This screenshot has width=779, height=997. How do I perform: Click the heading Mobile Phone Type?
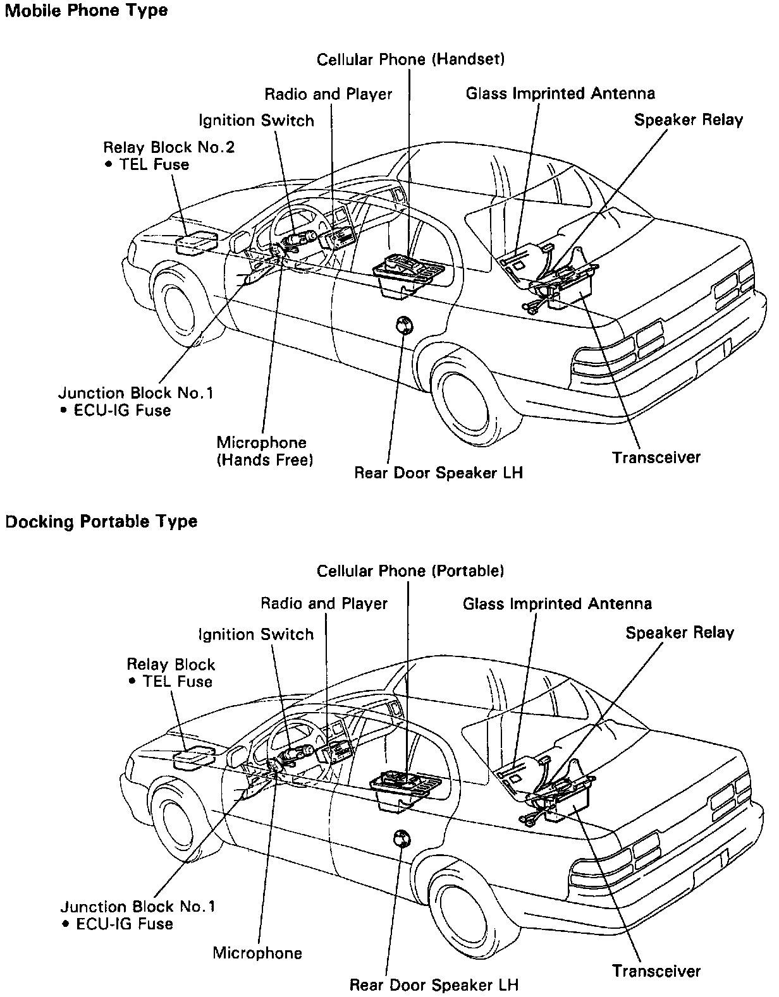(x=86, y=11)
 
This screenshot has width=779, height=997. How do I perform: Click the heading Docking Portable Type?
(x=101, y=522)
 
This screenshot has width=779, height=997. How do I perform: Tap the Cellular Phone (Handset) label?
(x=410, y=59)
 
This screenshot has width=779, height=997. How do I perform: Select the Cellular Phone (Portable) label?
(x=410, y=571)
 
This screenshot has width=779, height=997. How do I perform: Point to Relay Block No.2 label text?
(x=169, y=148)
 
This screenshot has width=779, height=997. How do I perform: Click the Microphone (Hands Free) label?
(x=265, y=451)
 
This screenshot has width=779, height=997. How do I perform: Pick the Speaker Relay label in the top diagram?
(x=689, y=120)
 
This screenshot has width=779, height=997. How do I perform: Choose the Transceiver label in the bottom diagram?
(x=656, y=971)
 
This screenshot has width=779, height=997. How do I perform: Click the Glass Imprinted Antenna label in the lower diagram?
(x=557, y=603)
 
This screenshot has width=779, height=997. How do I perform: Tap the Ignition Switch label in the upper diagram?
(x=256, y=121)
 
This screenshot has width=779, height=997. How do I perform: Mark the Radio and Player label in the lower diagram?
(x=324, y=603)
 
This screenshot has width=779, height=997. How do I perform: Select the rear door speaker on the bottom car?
(x=400, y=838)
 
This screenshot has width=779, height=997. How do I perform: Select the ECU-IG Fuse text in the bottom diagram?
(x=124, y=924)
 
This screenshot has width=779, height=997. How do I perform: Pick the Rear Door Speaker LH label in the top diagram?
(x=438, y=473)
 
